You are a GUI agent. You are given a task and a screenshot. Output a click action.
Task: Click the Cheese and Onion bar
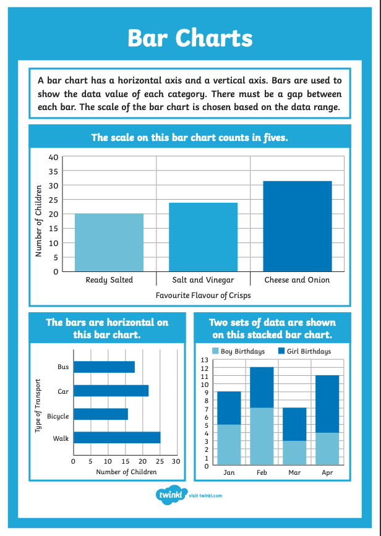tap(298, 226)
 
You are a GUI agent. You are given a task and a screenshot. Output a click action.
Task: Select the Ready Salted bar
tap(109, 242)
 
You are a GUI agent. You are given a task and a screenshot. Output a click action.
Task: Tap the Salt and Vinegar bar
tap(203, 237)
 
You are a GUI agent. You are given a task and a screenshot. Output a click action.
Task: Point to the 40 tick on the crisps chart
tap(53, 157)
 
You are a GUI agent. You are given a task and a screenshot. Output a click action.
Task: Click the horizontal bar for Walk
tap(117, 438)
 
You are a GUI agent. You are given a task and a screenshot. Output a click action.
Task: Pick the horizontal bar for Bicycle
tap(100, 414)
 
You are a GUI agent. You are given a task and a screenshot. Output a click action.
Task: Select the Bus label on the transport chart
tap(63, 367)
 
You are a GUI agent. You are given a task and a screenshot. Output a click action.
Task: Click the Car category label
tap(63, 391)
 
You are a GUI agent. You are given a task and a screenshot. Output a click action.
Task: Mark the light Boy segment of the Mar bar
tap(294, 453)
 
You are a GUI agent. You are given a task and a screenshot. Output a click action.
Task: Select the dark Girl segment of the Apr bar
tap(327, 404)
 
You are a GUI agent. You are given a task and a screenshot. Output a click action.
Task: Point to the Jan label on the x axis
tap(229, 472)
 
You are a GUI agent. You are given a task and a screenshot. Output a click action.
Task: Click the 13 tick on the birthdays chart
tap(205, 359)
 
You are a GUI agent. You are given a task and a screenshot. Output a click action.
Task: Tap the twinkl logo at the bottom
tap(171, 495)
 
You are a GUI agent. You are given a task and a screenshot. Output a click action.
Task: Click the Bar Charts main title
tap(190, 38)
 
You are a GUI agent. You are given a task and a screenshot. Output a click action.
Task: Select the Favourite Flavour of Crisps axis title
tap(203, 296)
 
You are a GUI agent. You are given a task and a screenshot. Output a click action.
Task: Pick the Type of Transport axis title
tap(38, 405)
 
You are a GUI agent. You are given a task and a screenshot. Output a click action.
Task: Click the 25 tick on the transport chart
tap(160, 461)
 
